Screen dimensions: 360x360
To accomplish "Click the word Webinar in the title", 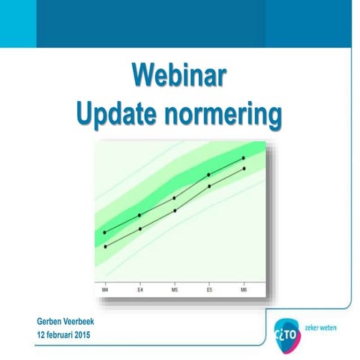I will [x=179, y=77].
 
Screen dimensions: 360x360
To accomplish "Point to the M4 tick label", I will [x=105, y=289].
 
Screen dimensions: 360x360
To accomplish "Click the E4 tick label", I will [x=139, y=289].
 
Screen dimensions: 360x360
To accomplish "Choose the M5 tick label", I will [x=175, y=289].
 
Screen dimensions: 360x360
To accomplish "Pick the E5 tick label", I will [x=209, y=289].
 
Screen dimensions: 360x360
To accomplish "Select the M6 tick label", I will [x=244, y=289].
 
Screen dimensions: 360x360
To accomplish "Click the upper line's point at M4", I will [x=105, y=232].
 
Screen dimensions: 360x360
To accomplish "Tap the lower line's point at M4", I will [x=105, y=246].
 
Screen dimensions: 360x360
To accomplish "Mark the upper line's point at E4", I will [x=139, y=215].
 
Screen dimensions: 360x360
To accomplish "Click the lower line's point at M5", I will [x=175, y=211].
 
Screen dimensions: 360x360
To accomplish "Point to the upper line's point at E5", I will [x=209, y=175].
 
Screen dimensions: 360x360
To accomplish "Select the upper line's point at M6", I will [x=244, y=158].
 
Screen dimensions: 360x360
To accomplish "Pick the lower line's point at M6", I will [x=244, y=169].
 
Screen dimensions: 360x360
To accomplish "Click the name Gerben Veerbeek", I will [x=70, y=321].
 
